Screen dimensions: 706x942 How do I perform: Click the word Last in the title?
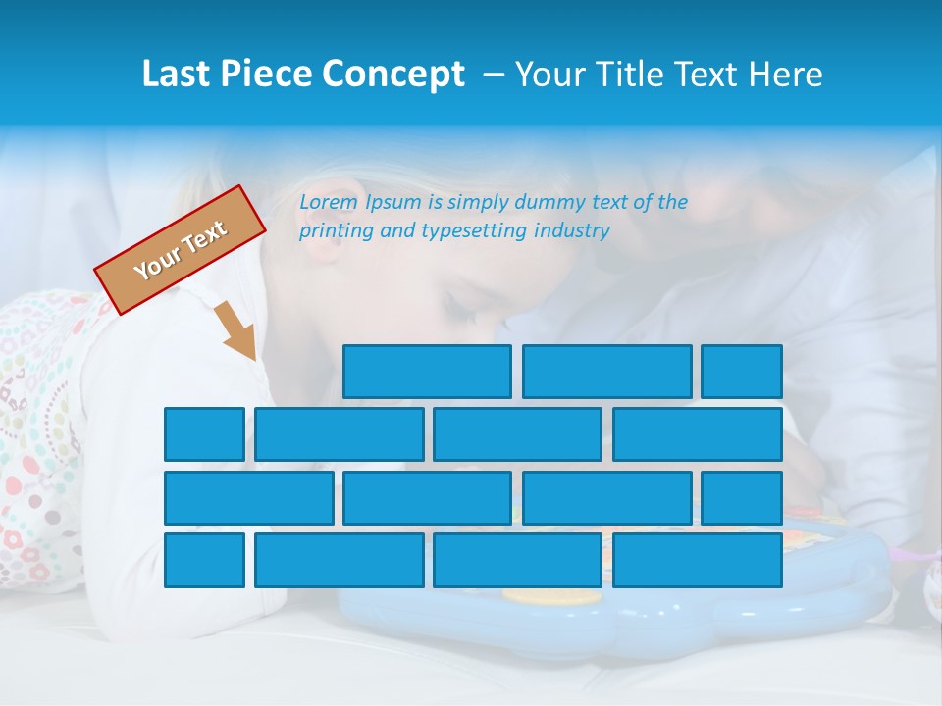[x=178, y=75]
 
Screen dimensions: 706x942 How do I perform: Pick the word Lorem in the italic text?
[x=329, y=202]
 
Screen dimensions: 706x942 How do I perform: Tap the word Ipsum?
[x=393, y=202]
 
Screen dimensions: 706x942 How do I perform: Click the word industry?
[x=572, y=231]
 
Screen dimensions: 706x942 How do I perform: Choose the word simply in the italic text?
[x=479, y=203]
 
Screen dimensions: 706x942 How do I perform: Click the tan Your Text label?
[x=181, y=250]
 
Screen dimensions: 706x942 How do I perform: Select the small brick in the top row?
[x=742, y=371]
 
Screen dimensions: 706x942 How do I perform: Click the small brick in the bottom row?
[x=204, y=560]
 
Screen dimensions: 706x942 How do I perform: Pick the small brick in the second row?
[x=204, y=434]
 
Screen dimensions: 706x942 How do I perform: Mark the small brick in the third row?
[x=742, y=497]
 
